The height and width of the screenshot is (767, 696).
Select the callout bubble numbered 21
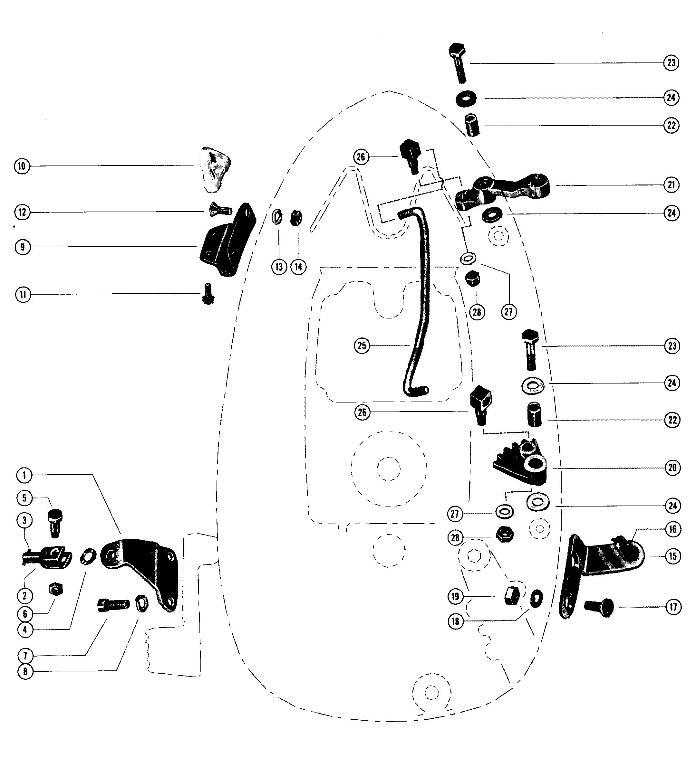671,185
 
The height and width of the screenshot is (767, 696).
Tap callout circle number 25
362,346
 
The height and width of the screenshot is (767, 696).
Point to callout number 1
24,475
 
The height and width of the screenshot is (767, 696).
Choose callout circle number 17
673,607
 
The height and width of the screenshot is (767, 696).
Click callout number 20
672,468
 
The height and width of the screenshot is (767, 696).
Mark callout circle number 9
23,247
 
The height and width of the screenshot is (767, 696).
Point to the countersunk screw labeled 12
220,210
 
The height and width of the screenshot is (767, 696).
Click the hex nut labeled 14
296,218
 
